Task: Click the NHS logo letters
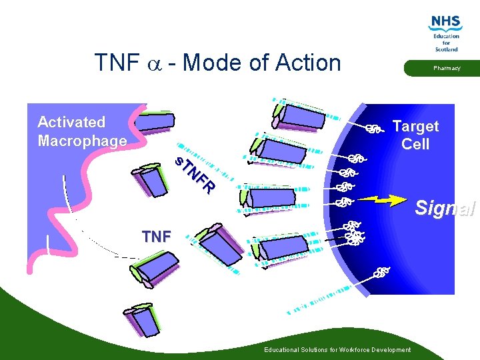tap(445, 23)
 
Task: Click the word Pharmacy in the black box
tap(446, 68)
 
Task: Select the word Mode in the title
tap(209, 63)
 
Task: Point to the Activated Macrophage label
tap(82, 131)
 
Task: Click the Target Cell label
tap(415, 135)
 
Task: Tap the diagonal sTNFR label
tap(195, 175)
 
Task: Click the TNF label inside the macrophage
tap(156, 236)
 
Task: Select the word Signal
tap(445, 208)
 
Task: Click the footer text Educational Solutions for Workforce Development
tap(337, 350)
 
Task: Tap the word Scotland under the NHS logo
tap(446, 49)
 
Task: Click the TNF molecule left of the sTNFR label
tap(151, 180)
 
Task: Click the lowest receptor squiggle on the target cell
tap(381, 272)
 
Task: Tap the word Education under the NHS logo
tap(446, 37)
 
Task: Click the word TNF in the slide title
tap(117, 63)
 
